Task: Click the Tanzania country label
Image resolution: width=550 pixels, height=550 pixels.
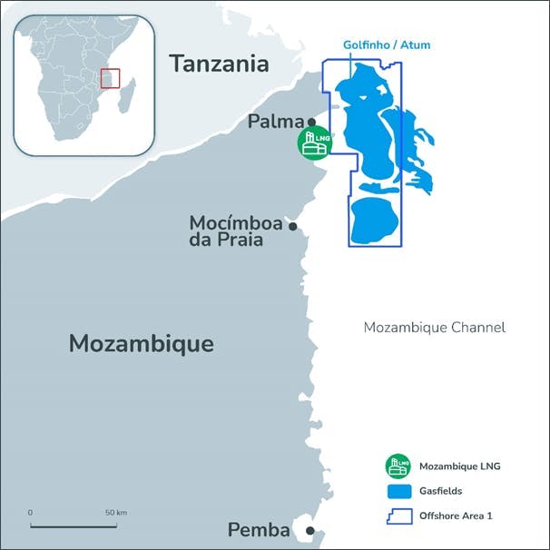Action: point(220,64)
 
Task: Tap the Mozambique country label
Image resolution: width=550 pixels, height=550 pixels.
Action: point(142,344)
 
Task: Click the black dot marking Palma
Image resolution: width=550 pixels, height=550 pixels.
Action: point(311,122)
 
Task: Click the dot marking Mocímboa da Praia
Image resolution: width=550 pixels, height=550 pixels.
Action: point(292,226)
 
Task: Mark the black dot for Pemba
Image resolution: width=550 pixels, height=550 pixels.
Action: point(309,531)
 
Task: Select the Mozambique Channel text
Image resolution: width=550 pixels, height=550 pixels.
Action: point(434,328)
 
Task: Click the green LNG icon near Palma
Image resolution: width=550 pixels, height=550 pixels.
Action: point(315,143)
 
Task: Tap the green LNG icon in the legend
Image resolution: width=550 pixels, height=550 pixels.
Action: point(398,467)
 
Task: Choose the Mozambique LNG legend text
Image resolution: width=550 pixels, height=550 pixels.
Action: point(460,467)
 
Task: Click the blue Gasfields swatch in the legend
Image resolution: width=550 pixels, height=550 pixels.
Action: point(398,491)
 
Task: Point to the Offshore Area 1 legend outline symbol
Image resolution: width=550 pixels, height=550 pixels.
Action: point(398,516)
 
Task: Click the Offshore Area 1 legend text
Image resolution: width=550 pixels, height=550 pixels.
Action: point(456,516)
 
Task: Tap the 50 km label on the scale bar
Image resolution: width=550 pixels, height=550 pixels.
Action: point(115,513)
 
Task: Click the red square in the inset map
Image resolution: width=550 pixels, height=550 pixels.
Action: point(110,78)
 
